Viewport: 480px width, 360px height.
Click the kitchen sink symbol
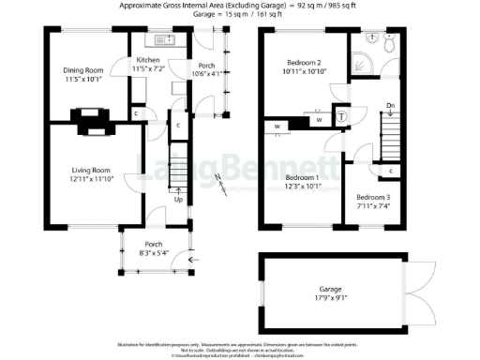click(x=160, y=40)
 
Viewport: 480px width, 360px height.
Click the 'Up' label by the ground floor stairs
click(x=178, y=200)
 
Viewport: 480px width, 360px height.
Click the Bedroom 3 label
click(x=373, y=197)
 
